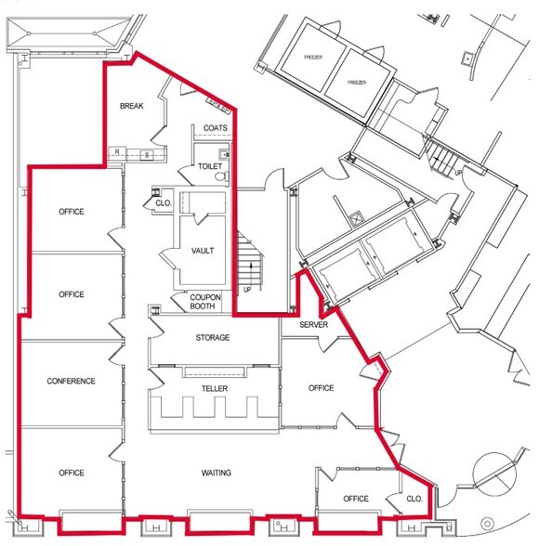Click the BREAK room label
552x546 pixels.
(129, 107)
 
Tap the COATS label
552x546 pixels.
(215, 128)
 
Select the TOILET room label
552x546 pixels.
(210, 167)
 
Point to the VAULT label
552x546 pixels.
(203, 251)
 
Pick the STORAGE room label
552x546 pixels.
(212, 337)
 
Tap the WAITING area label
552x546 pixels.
(216, 473)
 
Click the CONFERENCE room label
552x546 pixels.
(72, 381)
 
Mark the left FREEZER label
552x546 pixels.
(313, 58)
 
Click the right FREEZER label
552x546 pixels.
(358, 82)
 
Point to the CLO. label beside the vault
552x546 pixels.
(163, 201)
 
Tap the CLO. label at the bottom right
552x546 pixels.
(414, 499)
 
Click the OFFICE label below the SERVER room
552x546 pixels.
(321, 388)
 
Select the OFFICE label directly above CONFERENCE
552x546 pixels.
(72, 294)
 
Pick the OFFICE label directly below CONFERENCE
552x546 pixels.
(72, 473)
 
